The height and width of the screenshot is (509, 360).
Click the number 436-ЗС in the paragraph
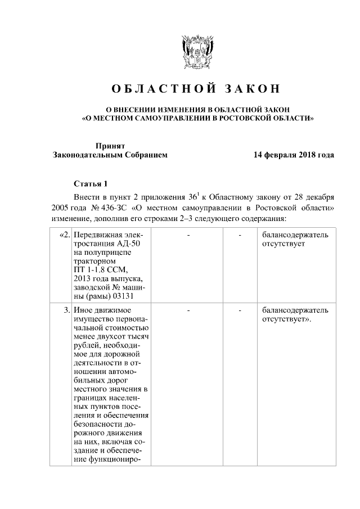(111, 208)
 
